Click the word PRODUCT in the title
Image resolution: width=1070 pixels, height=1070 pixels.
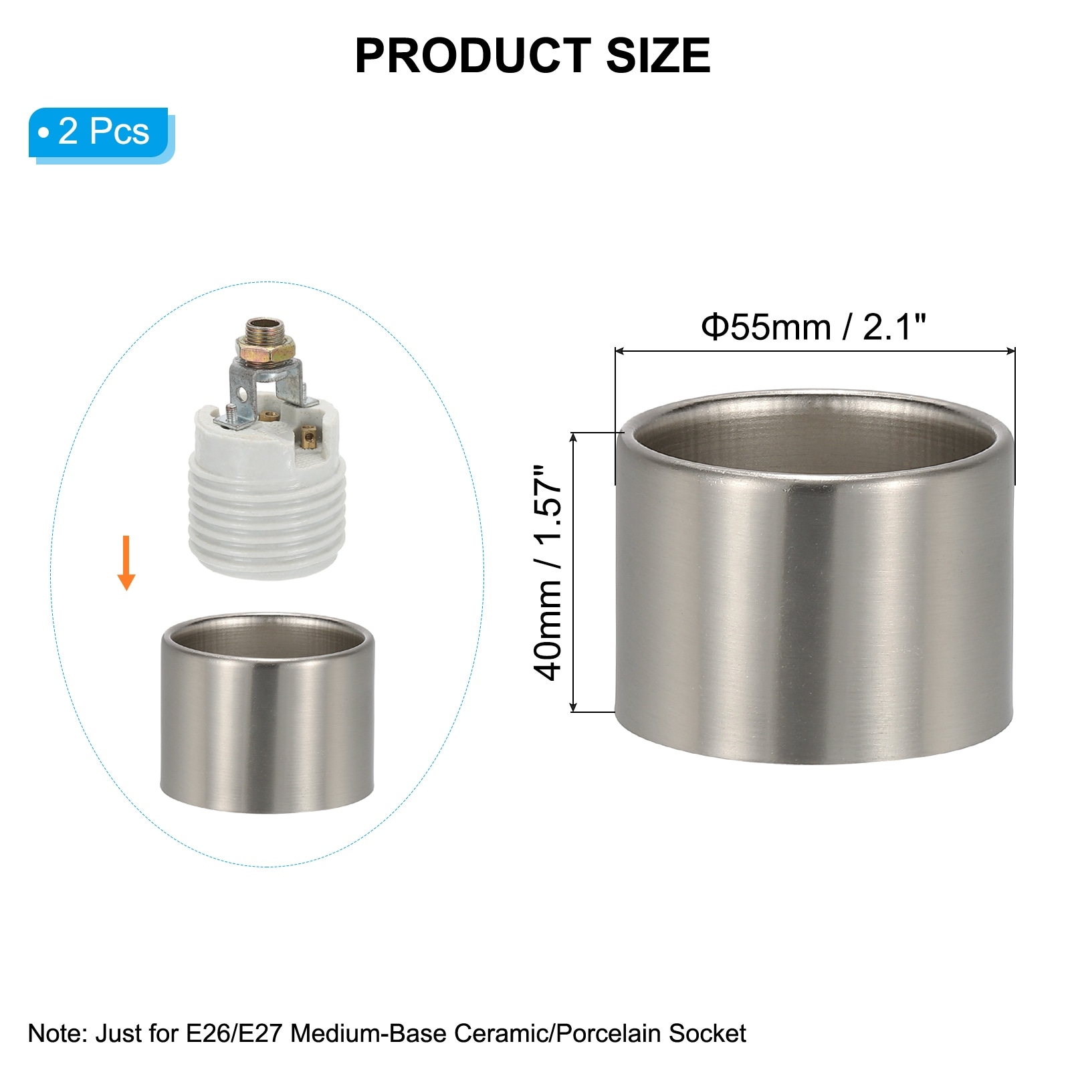pos(473,56)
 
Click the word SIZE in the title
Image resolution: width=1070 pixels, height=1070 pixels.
pos(658,56)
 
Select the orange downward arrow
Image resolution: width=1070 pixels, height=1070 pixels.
pos(126,562)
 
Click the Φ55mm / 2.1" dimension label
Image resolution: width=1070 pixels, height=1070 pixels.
pos(814,327)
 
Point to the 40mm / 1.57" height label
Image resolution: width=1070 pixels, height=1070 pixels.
pos(548,573)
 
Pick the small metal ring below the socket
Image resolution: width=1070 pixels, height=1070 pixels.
pos(267,714)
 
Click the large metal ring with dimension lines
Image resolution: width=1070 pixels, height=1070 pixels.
pos(815,576)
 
